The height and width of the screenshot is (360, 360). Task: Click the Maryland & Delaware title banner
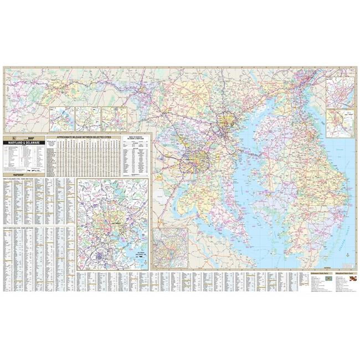click(24, 143)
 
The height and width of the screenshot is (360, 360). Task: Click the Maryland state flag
click(350, 282)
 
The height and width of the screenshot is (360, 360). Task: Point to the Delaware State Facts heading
click(315, 274)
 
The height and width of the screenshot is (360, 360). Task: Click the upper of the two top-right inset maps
click(340, 92)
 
